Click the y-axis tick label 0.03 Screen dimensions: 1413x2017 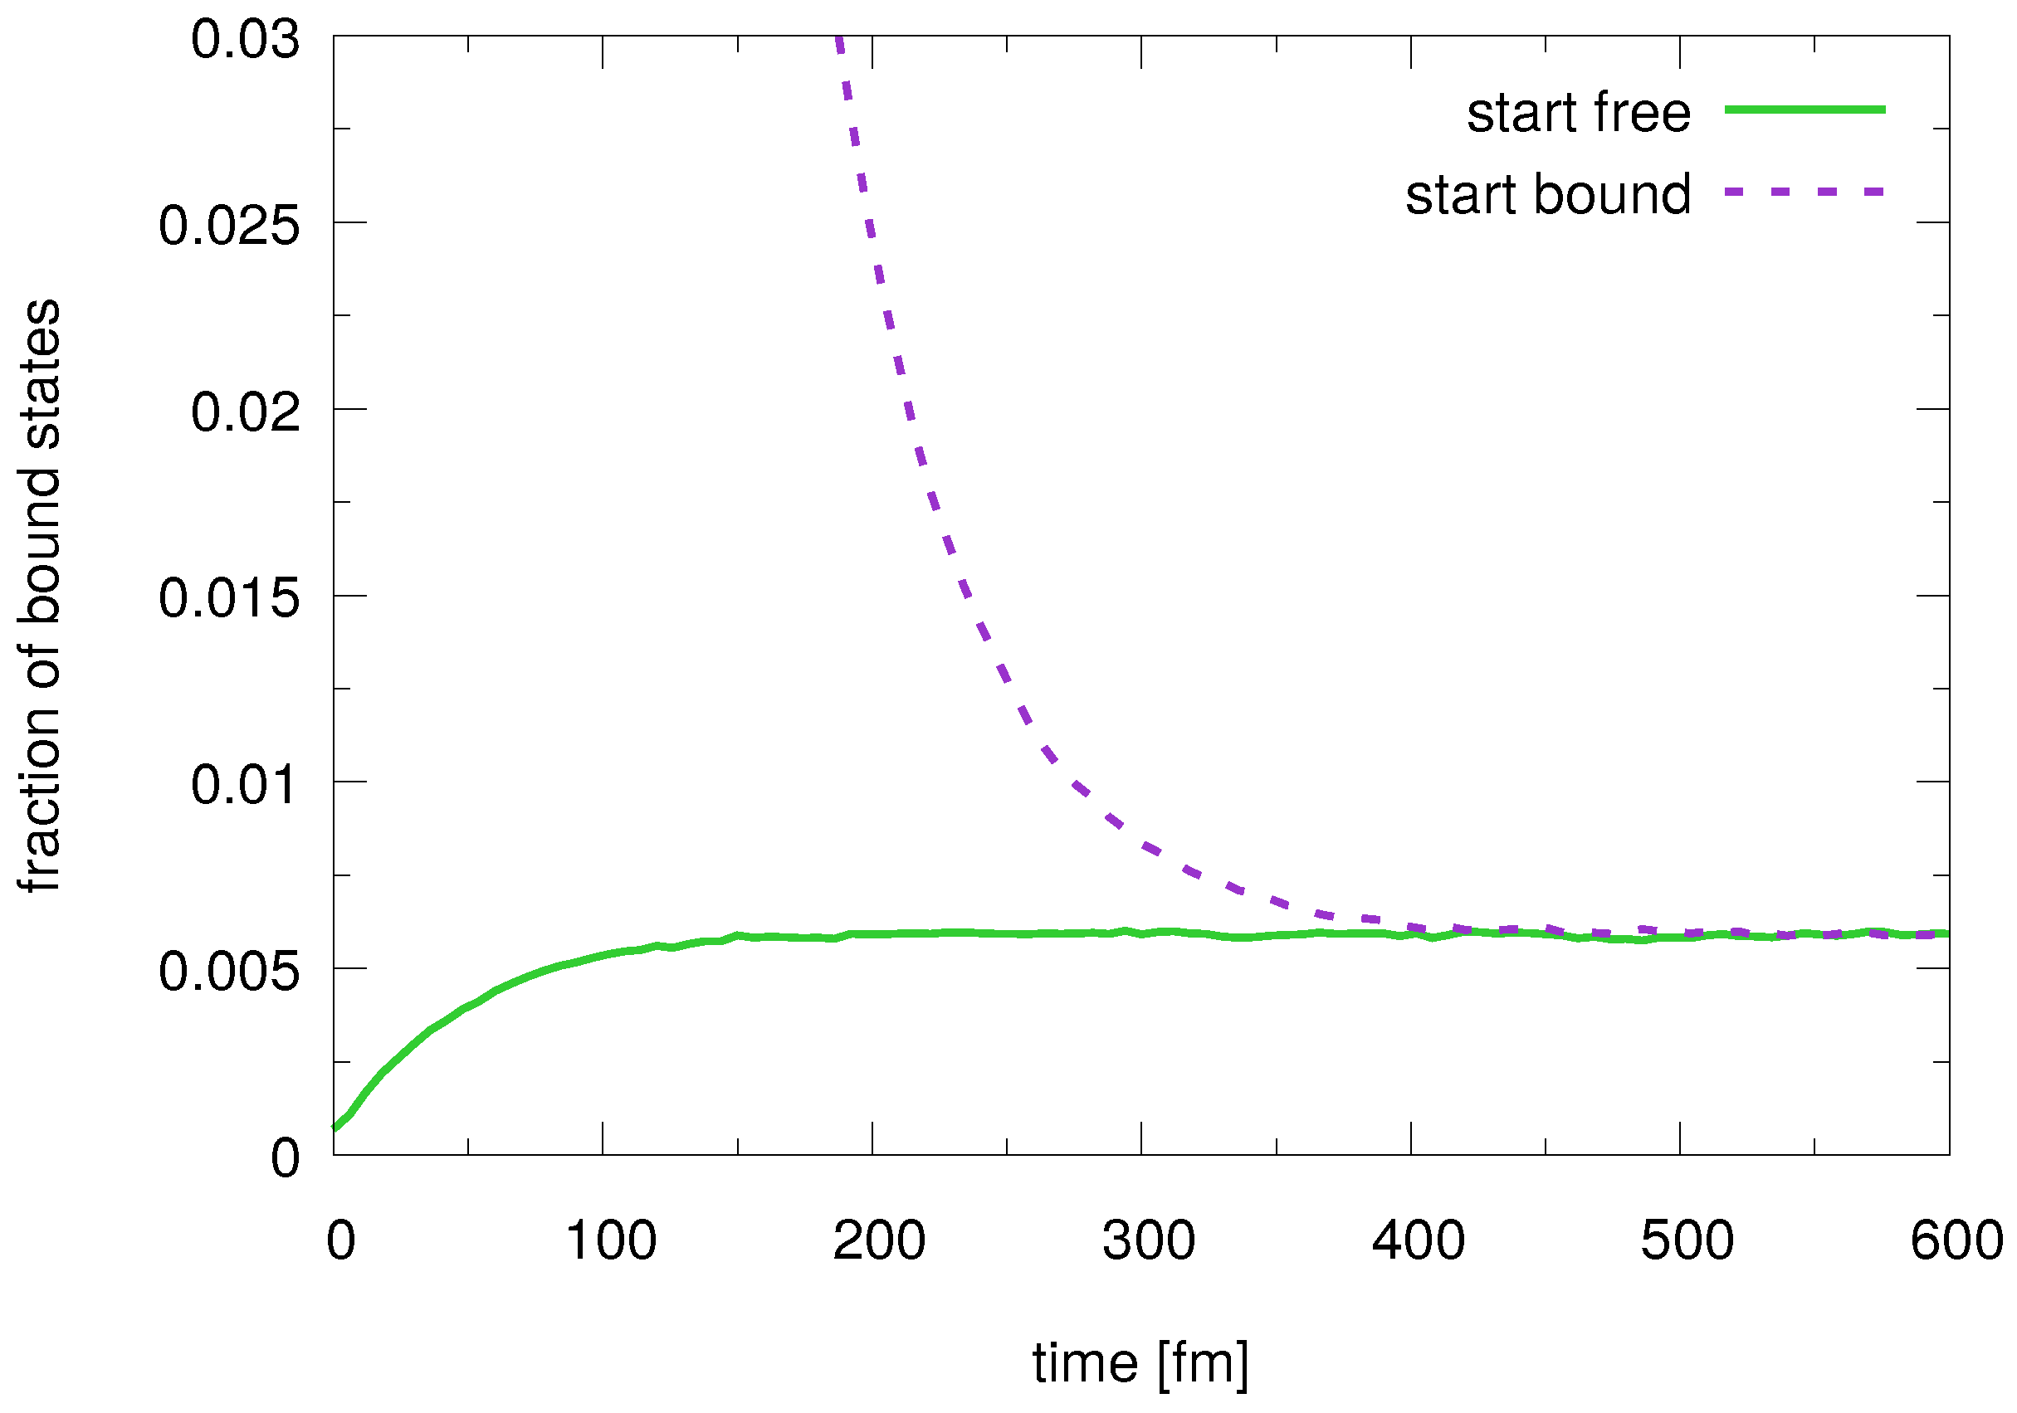[245, 41]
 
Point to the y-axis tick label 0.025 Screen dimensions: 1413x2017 [229, 226]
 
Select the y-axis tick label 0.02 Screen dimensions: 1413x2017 [245, 412]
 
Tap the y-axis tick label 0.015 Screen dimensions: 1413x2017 [229, 599]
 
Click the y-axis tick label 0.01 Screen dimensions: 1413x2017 [245, 784]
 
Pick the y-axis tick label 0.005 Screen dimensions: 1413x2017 [229, 972]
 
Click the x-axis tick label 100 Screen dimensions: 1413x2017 [611, 1241]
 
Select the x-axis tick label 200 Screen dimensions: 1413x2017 [879, 1241]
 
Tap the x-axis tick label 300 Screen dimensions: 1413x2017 [1149, 1241]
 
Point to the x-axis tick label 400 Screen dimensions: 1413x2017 [1419, 1241]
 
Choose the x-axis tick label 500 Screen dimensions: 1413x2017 [1687, 1241]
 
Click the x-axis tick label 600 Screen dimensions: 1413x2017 [1957, 1241]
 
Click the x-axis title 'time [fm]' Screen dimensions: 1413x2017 [1140, 1364]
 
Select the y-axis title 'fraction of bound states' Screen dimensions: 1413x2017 [41, 597]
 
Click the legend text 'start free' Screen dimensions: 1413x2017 [1578, 114]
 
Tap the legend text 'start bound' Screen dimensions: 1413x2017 [1548, 194]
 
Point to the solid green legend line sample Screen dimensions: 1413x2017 [1805, 110]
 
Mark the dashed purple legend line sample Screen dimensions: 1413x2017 [1805, 192]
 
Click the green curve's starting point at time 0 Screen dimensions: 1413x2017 [335, 1128]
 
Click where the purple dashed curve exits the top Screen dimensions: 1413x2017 [839, 39]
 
